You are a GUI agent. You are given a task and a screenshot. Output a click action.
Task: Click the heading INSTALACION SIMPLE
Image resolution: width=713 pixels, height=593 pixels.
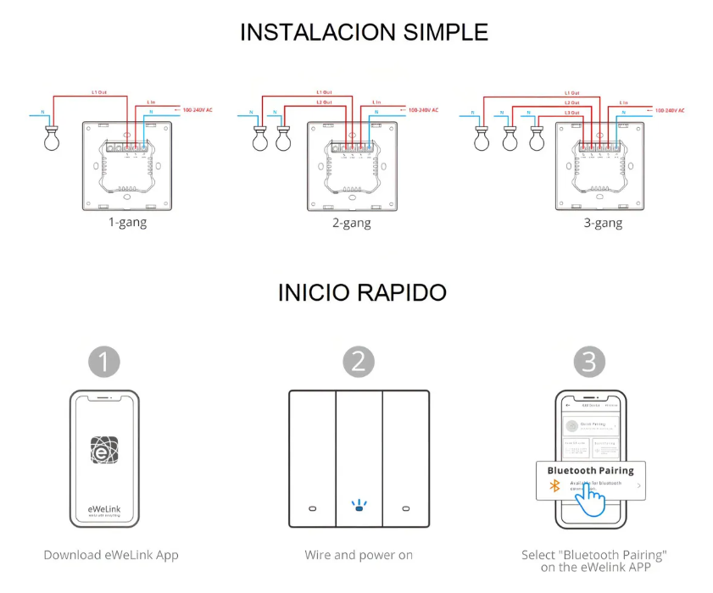coord(364,32)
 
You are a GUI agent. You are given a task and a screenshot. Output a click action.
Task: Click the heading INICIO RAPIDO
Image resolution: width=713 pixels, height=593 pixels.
coord(362,293)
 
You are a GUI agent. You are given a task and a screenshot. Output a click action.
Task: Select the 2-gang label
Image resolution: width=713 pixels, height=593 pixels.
coord(350,224)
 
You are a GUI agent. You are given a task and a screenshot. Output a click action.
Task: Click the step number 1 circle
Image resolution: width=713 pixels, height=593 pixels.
coord(104,362)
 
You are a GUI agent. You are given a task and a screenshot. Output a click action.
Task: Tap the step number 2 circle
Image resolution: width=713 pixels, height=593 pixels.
coord(358,362)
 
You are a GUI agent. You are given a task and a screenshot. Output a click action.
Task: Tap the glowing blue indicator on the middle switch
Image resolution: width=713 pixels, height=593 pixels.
coord(358,507)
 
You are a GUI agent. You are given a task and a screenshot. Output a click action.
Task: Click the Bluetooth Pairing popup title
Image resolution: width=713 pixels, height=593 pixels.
coord(590,470)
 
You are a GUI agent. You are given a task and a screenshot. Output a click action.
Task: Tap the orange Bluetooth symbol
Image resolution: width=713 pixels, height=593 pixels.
coord(556,485)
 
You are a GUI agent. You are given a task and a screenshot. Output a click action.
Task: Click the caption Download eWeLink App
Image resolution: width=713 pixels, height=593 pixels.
coord(111,555)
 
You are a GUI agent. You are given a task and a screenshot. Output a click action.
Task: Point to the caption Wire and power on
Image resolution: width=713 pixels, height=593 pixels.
coord(359,555)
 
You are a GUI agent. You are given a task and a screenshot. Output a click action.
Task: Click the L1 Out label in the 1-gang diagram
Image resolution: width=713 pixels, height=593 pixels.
coord(98,91)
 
